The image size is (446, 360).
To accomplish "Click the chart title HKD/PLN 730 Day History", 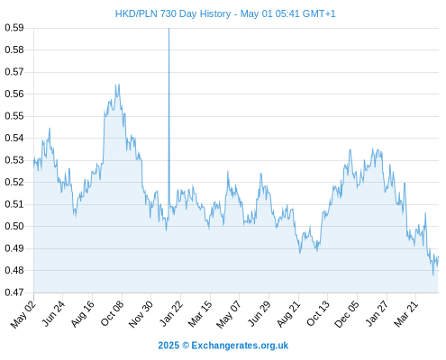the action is pyautogui.click(x=173, y=13).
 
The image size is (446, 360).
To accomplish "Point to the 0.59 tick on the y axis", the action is pyautogui.click(x=14, y=28).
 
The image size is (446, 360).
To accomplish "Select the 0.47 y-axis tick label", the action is pyautogui.click(x=14, y=292).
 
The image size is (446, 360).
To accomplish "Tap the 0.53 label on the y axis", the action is pyautogui.click(x=14, y=160).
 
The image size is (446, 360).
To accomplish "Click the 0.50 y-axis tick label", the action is pyautogui.click(x=14, y=226).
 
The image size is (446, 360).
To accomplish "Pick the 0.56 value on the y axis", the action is pyautogui.click(x=14, y=94).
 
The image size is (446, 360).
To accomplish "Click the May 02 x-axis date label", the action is pyautogui.click(x=23, y=314).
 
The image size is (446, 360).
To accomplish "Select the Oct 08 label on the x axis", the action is pyautogui.click(x=112, y=313).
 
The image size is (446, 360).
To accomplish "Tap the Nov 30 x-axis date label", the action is pyautogui.click(x=141, y=314).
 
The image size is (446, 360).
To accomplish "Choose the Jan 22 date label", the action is pyautogui.click(x=170, y=313).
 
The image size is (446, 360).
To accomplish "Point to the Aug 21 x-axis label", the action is pyautogui.click(x=288, y=313).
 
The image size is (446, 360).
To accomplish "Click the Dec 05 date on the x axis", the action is pyautogui.click(x=347, y=314).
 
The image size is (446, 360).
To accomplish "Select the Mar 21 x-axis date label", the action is pyautogui.click(x=406, y=313).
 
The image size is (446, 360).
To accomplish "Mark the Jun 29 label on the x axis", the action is pyautogui.click(x=259, y=313).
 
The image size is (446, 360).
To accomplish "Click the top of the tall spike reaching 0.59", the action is pyautogui.click(x=168, y=28).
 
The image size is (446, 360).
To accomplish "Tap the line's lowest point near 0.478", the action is pyautogui.click(x=433, y=274).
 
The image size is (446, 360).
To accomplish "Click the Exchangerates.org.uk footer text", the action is pyautogui.click(x=240, y=346).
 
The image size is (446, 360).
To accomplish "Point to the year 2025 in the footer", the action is pyautogui.click(x=168, y=346).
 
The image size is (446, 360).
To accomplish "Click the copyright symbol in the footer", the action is pyautogui.click(x=186, y=346).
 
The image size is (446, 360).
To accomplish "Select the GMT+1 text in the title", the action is pyautogui.click(x=319, y=13).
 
